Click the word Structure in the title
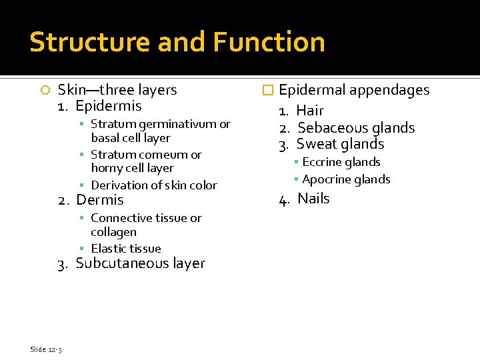(89, 42)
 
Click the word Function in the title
(269, 42)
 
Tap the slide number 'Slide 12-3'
(46, 349)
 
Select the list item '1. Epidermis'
(99, 106)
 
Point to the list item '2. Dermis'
(91, 200)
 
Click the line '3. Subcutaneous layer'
(131, 263)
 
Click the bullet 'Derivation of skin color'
(153, 185)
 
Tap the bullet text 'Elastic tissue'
(125, 248)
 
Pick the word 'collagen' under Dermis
(113, 232)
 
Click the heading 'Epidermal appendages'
(354, 90)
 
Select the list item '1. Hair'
(302, 111)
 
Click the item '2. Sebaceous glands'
(347, 127)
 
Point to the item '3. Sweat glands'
(331, 144)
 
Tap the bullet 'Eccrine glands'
(341, 162)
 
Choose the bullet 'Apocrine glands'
(345, 179)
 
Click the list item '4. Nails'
(305, 199)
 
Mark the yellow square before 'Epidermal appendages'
(269, 91)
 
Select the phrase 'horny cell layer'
(132, 168)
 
